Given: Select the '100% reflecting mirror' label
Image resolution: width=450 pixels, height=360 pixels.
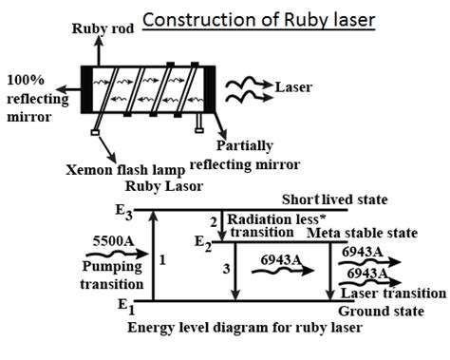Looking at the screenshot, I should (37, 101).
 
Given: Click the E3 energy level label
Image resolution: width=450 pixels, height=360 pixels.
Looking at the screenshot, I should (122, 211).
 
